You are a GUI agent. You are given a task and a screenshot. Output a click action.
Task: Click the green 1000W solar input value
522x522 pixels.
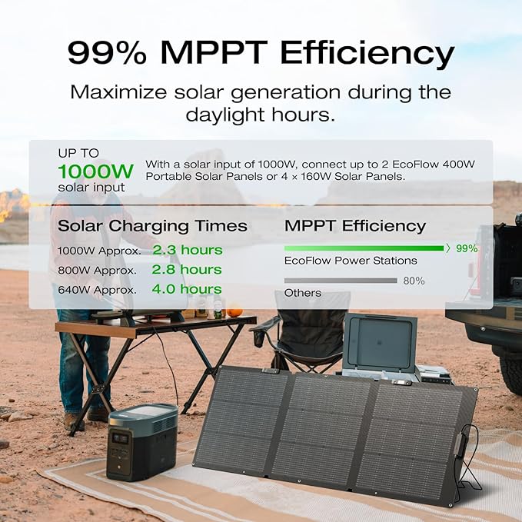coord(96,170)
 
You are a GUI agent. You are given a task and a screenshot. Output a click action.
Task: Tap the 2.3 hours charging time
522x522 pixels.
coord(187,250)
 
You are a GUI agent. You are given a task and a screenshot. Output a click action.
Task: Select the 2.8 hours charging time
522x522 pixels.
coord(187,270)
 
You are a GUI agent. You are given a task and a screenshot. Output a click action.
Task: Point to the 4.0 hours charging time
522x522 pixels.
coord(187,290)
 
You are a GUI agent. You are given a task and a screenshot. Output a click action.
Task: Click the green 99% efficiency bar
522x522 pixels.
coord(364,248)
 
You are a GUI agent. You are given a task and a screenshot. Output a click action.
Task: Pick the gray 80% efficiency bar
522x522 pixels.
coord(341,281)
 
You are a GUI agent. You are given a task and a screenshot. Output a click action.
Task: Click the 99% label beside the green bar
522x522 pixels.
coord(466,248)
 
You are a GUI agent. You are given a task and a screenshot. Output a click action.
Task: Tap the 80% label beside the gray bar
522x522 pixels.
coord(414,281)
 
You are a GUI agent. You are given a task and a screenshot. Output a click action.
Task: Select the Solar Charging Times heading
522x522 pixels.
coord(152,226)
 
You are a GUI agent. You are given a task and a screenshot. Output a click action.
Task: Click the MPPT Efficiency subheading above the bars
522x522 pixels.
coord(354,226)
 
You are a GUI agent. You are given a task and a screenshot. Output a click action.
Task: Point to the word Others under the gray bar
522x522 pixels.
coord(303,293)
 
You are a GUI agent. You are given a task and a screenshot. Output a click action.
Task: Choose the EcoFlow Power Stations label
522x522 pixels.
coord(340,261)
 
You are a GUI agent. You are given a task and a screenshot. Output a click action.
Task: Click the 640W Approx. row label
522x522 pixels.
coord(97,291)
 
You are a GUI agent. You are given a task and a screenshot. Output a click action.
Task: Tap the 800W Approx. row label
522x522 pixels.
coord(97,271)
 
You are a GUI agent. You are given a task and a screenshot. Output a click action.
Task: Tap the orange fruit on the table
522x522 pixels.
coord(234,311)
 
